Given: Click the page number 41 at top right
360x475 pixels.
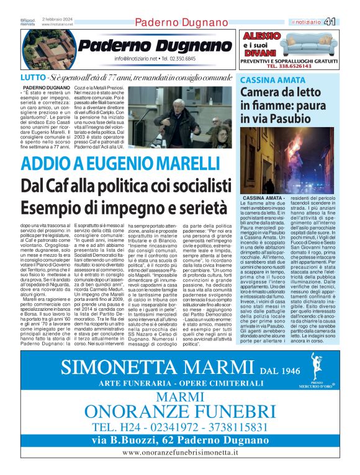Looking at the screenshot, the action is (x=347, y=22).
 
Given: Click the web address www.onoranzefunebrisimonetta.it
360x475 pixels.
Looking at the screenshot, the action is (x=180, y=453).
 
